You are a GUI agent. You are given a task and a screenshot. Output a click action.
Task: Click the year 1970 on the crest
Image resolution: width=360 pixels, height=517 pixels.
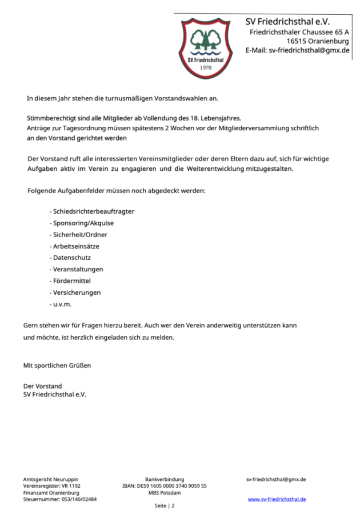pyautogui.click(x=206, y=67)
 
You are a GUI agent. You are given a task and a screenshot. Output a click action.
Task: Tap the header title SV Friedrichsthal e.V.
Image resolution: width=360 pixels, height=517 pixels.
pyautogui.click(x=287, y=22)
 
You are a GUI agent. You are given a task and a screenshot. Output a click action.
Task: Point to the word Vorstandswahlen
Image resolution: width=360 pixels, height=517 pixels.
pyautogui.click(x=186, y=99)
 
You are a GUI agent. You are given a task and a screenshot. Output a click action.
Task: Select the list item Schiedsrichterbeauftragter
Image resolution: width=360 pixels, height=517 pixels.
pyautogui.click(x=93, y=211)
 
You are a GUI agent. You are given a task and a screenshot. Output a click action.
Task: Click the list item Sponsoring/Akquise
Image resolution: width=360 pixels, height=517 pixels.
pyautogui.click(x=83, y=223)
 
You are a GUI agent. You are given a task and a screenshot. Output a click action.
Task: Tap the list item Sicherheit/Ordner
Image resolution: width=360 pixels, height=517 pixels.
pyautogui.click(x=80, y=235)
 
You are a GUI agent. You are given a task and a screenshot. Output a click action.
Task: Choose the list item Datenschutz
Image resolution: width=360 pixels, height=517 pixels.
pyautogui.click(x=72, y=258)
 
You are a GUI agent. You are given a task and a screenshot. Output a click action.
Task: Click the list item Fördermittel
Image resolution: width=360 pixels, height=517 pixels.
pyautogui.click(x=71, y=281)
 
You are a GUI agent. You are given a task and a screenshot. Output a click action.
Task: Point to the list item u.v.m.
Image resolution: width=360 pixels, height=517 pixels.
pyautogui.click(x=62, y=304)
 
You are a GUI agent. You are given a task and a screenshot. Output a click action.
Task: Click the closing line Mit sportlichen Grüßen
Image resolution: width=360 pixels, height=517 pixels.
pyautogui.click(x=57, y=365)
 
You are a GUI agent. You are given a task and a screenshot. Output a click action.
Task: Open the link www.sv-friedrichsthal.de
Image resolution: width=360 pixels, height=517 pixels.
pyautogui.click(x=277, y=499)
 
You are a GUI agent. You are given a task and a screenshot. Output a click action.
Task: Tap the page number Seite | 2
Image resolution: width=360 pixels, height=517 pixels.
pyautogui.click(x=165, y=506)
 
